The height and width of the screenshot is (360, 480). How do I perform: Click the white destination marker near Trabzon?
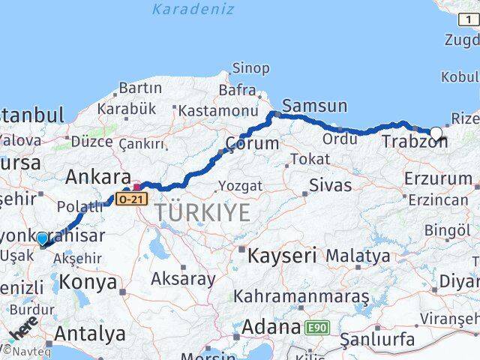point(436,133)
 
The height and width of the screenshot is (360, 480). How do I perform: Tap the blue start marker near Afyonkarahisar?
point(42,239)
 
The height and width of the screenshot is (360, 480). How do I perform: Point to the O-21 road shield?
point(132,198)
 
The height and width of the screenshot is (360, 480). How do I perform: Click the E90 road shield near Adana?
point(317,327)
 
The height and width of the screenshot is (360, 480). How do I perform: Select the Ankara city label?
point(98,177)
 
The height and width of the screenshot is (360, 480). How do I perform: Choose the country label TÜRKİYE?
point(203,212)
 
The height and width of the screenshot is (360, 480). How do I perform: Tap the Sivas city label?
point(331,184)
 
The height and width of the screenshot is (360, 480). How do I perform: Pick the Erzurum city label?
point(438,178)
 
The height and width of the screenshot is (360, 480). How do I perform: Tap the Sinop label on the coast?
point(250,69)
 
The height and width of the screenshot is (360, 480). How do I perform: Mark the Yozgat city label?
point(240,186)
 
